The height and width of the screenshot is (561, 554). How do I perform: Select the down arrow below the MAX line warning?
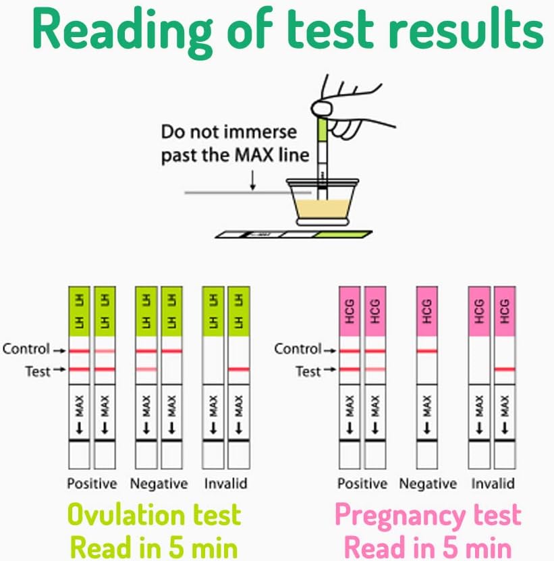(252, 179)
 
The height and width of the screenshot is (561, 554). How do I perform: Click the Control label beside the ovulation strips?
(26, 349)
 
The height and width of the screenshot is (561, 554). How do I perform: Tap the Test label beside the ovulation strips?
(38, 371)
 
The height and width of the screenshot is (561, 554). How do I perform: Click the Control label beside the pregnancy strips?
(298, 349)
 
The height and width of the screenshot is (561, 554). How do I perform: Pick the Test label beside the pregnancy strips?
(309, 371)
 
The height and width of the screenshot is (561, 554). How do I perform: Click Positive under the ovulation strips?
(92, 483)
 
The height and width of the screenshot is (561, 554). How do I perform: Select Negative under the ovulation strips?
(158, 483)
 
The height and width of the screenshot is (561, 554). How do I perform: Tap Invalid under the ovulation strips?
(225, 483)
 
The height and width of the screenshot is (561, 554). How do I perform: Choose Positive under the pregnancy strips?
(362, 483)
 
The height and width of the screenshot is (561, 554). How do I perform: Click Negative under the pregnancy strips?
(428, 483)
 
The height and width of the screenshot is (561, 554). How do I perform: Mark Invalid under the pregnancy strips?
(493, 483)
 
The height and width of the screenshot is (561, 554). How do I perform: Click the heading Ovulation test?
(155, 515)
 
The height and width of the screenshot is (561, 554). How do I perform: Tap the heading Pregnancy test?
(428, 515)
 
